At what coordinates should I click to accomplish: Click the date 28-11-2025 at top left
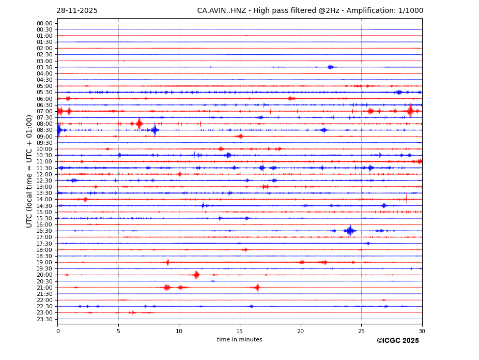pos(77,11)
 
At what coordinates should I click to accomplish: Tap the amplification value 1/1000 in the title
pos(411,11)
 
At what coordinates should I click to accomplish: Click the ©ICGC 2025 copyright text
pos(397,341)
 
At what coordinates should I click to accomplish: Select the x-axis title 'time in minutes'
pos(239,340)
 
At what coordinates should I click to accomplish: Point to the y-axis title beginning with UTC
pos(29,171)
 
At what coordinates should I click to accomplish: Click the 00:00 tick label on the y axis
pos(44,23)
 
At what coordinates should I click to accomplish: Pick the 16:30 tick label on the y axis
pos(44,231)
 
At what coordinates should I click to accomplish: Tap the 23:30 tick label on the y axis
pos(44,319)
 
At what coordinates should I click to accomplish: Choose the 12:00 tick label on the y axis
pos(44,174)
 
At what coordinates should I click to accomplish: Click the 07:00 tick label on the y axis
pos(44,111)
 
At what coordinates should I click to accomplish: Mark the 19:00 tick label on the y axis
pos(44,262)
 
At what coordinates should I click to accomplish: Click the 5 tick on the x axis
pos(118,331)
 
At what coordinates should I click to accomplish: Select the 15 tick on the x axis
pos(240,331)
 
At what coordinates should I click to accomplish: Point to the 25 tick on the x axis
pos(361,331)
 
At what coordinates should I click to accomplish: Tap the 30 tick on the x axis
pos(422,331)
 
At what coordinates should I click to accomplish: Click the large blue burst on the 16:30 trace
pos(350,231)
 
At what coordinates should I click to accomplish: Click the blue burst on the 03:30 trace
pos(330,67)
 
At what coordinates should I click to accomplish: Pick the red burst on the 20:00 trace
pos(196,275)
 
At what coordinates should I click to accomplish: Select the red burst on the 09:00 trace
pos(239,137)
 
